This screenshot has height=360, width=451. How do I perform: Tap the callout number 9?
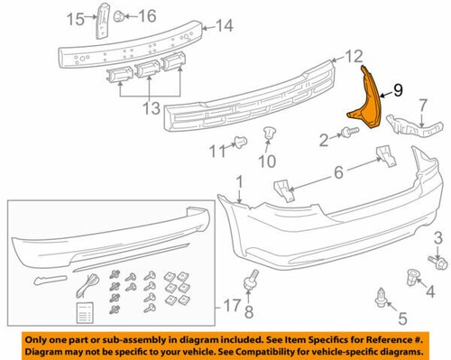point(398,90)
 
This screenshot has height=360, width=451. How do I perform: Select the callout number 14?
point(224,26)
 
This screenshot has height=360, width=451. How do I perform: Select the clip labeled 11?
point(241,141)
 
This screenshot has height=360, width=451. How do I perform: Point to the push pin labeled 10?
point(270,135)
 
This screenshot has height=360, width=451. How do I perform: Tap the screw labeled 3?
point(437,264)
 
